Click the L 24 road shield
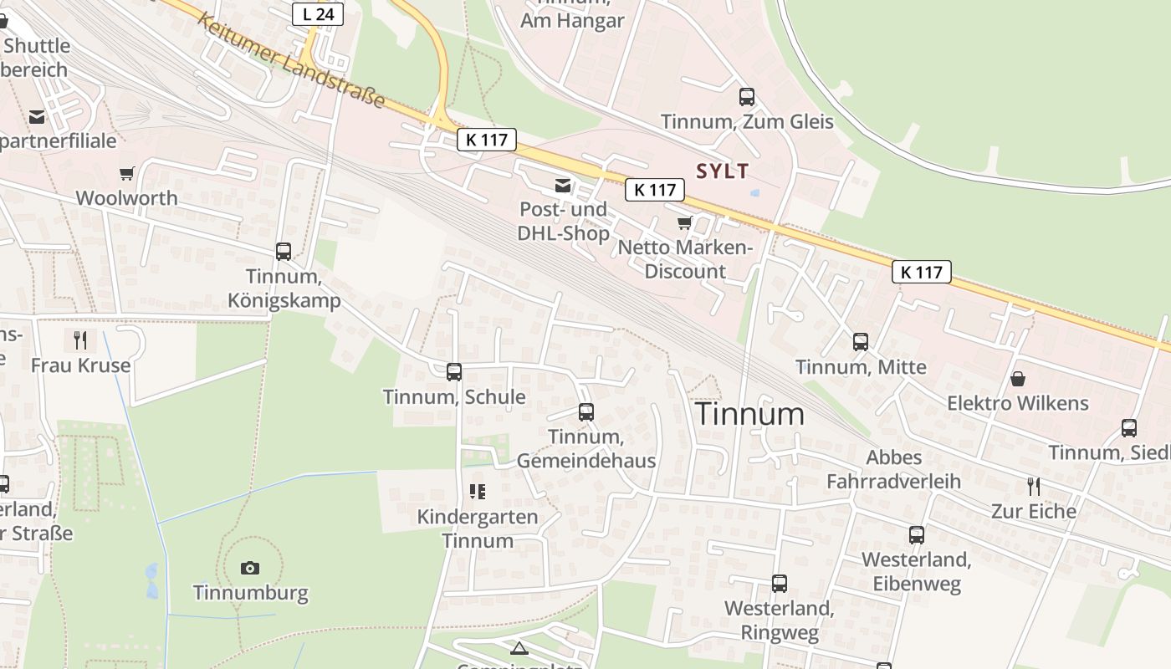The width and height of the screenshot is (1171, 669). click(319, 13)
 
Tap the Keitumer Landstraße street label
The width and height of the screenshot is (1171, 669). click(291, 61)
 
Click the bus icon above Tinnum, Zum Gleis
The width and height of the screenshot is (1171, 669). click(747, 97)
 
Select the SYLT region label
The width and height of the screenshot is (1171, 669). click(723, 171)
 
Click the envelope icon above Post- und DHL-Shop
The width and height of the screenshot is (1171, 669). click(563, 185)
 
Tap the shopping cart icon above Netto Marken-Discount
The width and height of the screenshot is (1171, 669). click(685, 223)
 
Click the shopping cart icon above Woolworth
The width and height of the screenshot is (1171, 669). click(126, 174)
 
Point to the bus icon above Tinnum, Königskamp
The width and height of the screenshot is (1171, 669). click(284, 251)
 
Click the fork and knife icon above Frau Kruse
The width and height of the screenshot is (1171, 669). click(80, 340)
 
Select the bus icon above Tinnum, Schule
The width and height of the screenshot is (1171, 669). click(454, 372)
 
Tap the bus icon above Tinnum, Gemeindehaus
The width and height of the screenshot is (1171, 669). click(586, 412)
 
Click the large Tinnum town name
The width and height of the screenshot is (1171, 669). click(749, 414)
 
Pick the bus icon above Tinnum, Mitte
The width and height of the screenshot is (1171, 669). click(861, 342)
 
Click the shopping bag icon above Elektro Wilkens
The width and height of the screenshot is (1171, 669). click(1018, 379)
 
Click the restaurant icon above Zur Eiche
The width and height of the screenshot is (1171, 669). click(1034, 486)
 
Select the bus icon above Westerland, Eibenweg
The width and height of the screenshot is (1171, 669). click(917, 535)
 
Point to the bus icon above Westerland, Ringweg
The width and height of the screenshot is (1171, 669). click(780, 584)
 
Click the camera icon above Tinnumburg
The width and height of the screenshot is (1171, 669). click(250, 569)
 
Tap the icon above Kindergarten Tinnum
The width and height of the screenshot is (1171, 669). click(478, 492)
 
